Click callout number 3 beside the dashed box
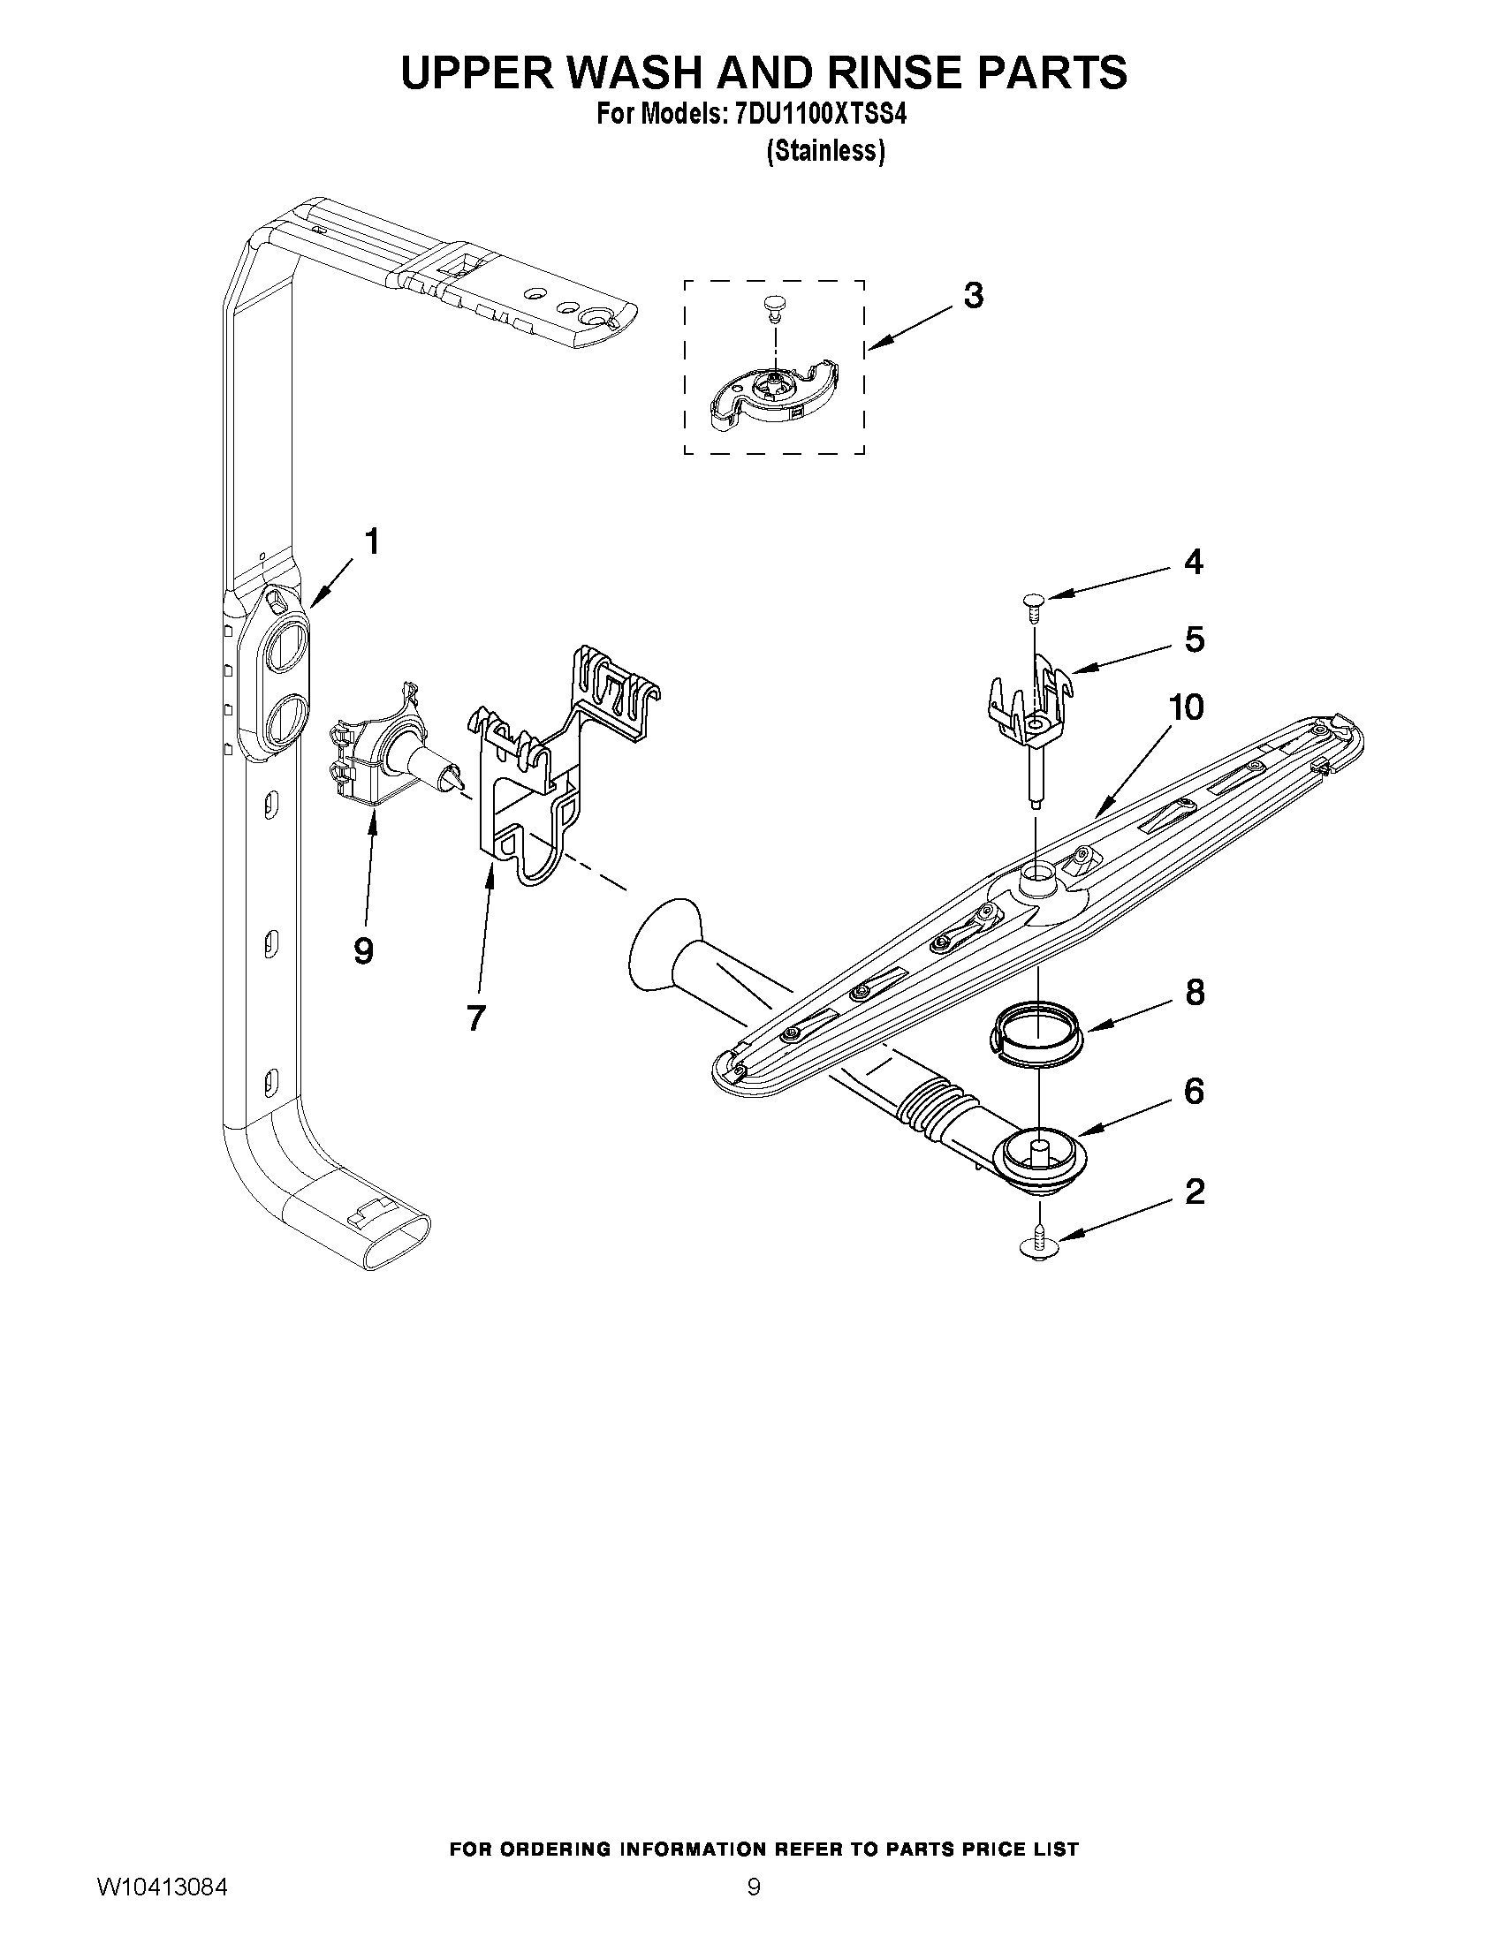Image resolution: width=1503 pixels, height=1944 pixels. click(973, 296)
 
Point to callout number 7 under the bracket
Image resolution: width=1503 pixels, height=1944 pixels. click(475, 1017)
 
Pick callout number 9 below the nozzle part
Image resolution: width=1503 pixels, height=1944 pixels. click(362, 951)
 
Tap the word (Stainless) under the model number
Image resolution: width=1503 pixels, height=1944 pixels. click(825, 152)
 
